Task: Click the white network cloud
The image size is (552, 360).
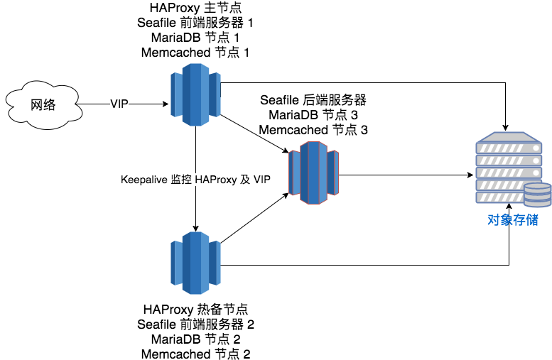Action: pyautogui.click(x=42, y=105)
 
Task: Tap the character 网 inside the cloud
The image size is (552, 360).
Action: pyautogui.click(x=36, y=105)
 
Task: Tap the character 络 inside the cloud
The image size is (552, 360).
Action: pyautogui.click(x=49, y=105)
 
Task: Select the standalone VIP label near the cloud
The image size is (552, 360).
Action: pyautogui.click(x=119, y=104)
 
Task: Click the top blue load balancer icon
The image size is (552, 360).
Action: pyautogui.click(x=195, y=94)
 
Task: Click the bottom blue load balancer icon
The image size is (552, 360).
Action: pyautogui.click(x=195, y=263)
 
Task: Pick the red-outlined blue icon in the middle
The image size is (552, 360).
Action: pyautogui.click(x=313, y=173)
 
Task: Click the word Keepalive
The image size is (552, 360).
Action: pyautogui.click(x=144, y=180)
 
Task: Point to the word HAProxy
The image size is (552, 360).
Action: pyautogui.click(x=215, y=180)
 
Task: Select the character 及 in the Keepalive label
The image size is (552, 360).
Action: pyautogui.click(x=245, y=180)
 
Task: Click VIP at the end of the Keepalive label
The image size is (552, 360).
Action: pyautogui.click(x=261, y=180)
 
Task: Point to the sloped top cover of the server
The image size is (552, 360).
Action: pyautogui.click(x=508, y=136)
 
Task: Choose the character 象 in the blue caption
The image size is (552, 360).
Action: pyautogui.click(x=507, y=220)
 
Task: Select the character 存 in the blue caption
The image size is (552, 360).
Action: pyautogui.click(x=519, y=220)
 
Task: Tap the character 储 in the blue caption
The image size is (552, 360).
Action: pyautogui.click(x=532, y=220)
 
